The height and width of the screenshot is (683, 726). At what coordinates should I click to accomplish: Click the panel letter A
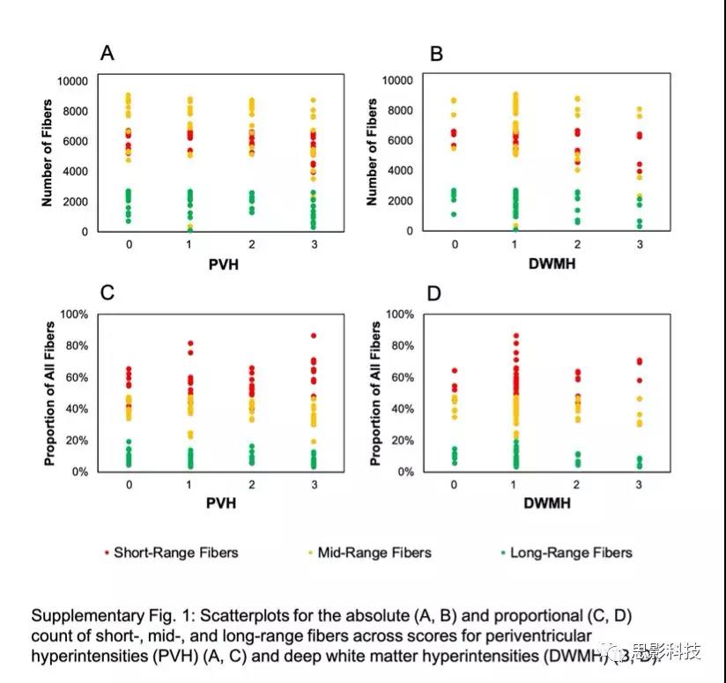(107, 54)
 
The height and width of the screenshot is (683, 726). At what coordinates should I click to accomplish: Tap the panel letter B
(435, 54)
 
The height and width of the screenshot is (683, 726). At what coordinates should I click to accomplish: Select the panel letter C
(107, 293)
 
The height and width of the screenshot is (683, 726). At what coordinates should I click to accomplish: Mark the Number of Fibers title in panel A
(48, 154)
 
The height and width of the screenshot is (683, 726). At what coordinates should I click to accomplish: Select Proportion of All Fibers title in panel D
(375, 393)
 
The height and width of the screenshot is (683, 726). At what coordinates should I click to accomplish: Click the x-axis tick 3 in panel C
(314, 485)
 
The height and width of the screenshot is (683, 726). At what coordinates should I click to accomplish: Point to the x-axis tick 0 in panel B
(455, 243)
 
